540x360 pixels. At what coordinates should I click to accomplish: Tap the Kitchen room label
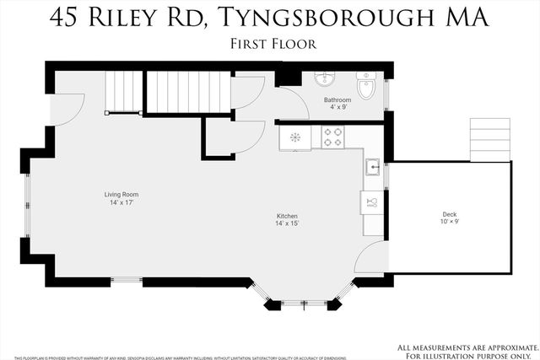tap(287, 216)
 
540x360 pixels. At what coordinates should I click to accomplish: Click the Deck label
tap(450, 214)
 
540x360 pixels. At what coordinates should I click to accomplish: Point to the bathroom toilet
tap(367, 86)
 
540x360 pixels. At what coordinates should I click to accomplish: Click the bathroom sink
tap(325, 79)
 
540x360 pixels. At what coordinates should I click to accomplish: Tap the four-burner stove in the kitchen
tap(332, 137)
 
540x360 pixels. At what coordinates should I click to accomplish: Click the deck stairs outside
tap(490, 139)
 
